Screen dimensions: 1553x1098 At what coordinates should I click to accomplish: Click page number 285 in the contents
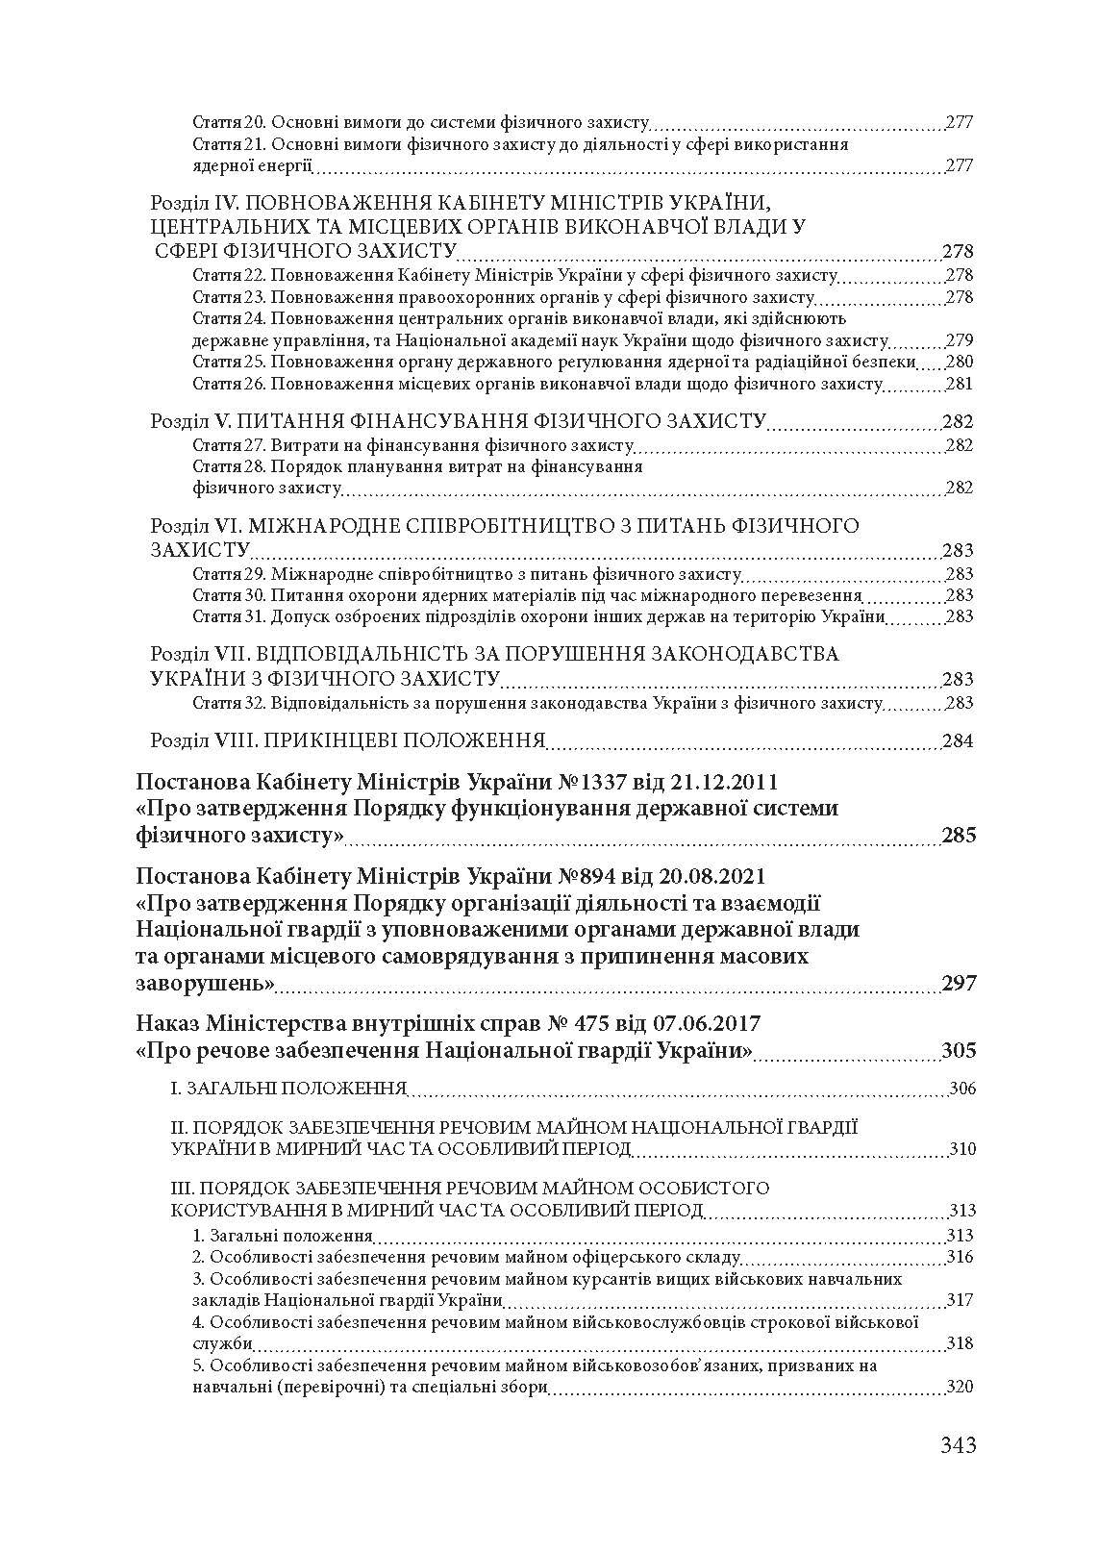[958, 835]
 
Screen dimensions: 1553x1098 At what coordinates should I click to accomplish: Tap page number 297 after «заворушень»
[958, 983]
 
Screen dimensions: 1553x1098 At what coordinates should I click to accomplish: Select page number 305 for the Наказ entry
[958, 1050]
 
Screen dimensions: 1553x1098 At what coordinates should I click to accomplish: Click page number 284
[958, 741]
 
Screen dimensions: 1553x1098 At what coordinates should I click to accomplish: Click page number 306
[961, 1090]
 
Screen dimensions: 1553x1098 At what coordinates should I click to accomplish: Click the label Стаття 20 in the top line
[229, 123]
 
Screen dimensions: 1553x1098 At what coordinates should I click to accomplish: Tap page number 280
[960, 363]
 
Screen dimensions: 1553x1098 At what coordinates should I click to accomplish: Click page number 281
[960, 384]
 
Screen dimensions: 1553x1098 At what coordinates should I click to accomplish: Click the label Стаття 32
[229, 703]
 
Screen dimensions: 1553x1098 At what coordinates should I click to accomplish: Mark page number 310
[961, 1149]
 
